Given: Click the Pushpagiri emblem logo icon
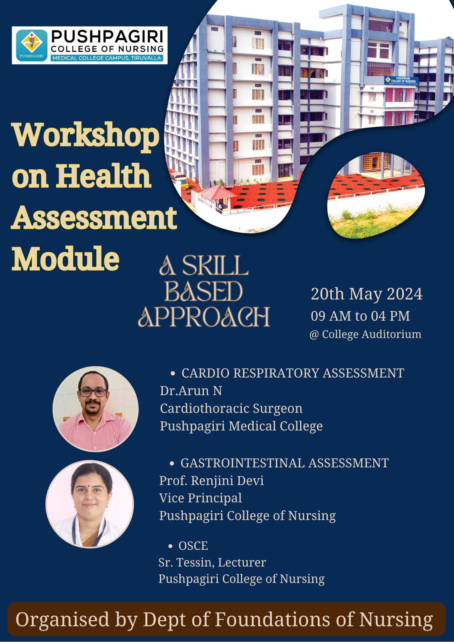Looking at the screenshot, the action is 32,45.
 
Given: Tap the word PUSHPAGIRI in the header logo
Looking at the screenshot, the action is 107,37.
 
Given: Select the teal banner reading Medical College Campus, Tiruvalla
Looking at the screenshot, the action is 107,58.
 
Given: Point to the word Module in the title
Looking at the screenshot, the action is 65,258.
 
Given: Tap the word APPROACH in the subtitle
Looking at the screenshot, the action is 204,317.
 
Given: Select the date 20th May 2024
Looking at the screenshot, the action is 367,294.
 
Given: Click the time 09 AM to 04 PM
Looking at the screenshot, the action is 360,316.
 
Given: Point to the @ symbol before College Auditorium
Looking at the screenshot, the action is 314,335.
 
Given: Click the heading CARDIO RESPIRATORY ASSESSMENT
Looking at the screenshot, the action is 293,373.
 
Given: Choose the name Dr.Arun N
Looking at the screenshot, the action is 191,391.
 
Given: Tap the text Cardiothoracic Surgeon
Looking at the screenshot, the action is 231,409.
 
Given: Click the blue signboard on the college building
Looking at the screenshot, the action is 401,80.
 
